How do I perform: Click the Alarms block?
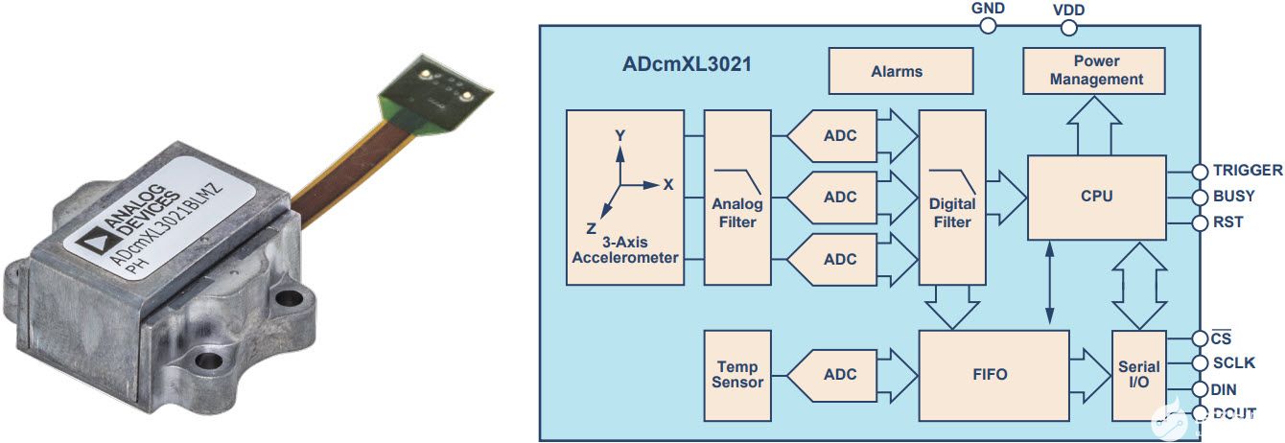[x=897, y=71]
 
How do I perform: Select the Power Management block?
[x=1096, y=70]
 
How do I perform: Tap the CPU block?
[x=1096, y=197]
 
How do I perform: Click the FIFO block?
[x=993, y=375]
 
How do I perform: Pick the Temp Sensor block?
[x=736, y=375]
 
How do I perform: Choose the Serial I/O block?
[x=1138, y=375]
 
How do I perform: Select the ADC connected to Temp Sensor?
[x=836, y=375]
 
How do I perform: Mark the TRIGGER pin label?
[x=1247, y=171]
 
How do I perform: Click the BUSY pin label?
[x=1233, y=197]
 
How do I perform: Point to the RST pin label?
[x=1227, y=222]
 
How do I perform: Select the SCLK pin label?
[x=1234, y=364]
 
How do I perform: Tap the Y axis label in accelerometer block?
[x=620, y=136]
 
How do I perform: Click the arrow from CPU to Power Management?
[x=1096, y=128]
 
